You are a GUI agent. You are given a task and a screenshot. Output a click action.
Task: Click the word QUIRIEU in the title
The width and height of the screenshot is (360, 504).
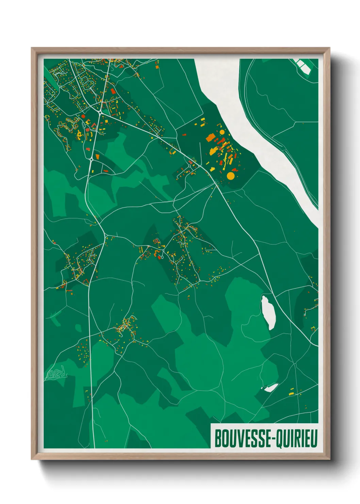(296, 438)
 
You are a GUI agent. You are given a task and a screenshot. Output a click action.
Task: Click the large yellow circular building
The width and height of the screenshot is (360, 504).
(230, 176)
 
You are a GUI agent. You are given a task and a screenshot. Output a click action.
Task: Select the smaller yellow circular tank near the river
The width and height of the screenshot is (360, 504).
(222, 132)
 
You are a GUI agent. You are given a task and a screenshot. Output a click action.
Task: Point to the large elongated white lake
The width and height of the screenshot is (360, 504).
(268, 312)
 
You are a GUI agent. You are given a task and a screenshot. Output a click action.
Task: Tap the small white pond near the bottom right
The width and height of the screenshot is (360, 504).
(271, 388)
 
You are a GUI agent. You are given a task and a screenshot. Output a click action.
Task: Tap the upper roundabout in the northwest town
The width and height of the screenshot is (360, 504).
(100, 112)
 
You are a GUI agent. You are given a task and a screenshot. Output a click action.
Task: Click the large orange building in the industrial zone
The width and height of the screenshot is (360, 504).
(210, 138)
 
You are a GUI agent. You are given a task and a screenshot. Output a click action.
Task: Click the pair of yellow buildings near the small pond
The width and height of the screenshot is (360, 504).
(291, 392)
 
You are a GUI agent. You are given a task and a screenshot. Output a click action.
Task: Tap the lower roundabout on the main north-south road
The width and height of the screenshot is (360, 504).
(91, 159)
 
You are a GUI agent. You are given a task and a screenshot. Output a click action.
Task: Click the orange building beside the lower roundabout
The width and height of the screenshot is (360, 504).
(97, 156)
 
